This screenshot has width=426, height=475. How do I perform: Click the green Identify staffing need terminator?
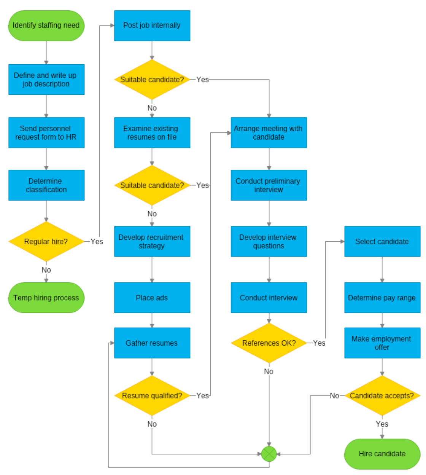46,26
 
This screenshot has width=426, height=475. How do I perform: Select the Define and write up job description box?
46,80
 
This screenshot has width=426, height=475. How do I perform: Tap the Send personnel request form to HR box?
46,132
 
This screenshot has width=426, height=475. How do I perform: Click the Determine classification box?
46,185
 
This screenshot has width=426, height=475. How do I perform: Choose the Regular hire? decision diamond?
46,242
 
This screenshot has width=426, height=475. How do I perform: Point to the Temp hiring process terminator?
46,298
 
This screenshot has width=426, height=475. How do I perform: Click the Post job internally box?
152,26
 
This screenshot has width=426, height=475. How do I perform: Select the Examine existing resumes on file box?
152,132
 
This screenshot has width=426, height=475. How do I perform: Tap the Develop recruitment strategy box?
152,242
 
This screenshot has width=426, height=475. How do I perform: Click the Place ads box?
152,298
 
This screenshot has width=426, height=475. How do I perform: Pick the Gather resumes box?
152,343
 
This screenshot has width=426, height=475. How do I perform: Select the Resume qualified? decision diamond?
152,396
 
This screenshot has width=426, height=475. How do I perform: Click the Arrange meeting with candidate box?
269,132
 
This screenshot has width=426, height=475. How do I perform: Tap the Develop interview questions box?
269,242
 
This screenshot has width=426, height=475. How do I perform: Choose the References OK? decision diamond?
269,343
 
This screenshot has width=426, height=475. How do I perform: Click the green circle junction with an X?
269,454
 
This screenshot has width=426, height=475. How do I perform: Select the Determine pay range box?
382,298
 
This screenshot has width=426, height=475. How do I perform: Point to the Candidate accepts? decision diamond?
382,396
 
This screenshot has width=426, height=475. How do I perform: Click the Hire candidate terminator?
382,454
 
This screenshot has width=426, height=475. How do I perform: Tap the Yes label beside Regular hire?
97,242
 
